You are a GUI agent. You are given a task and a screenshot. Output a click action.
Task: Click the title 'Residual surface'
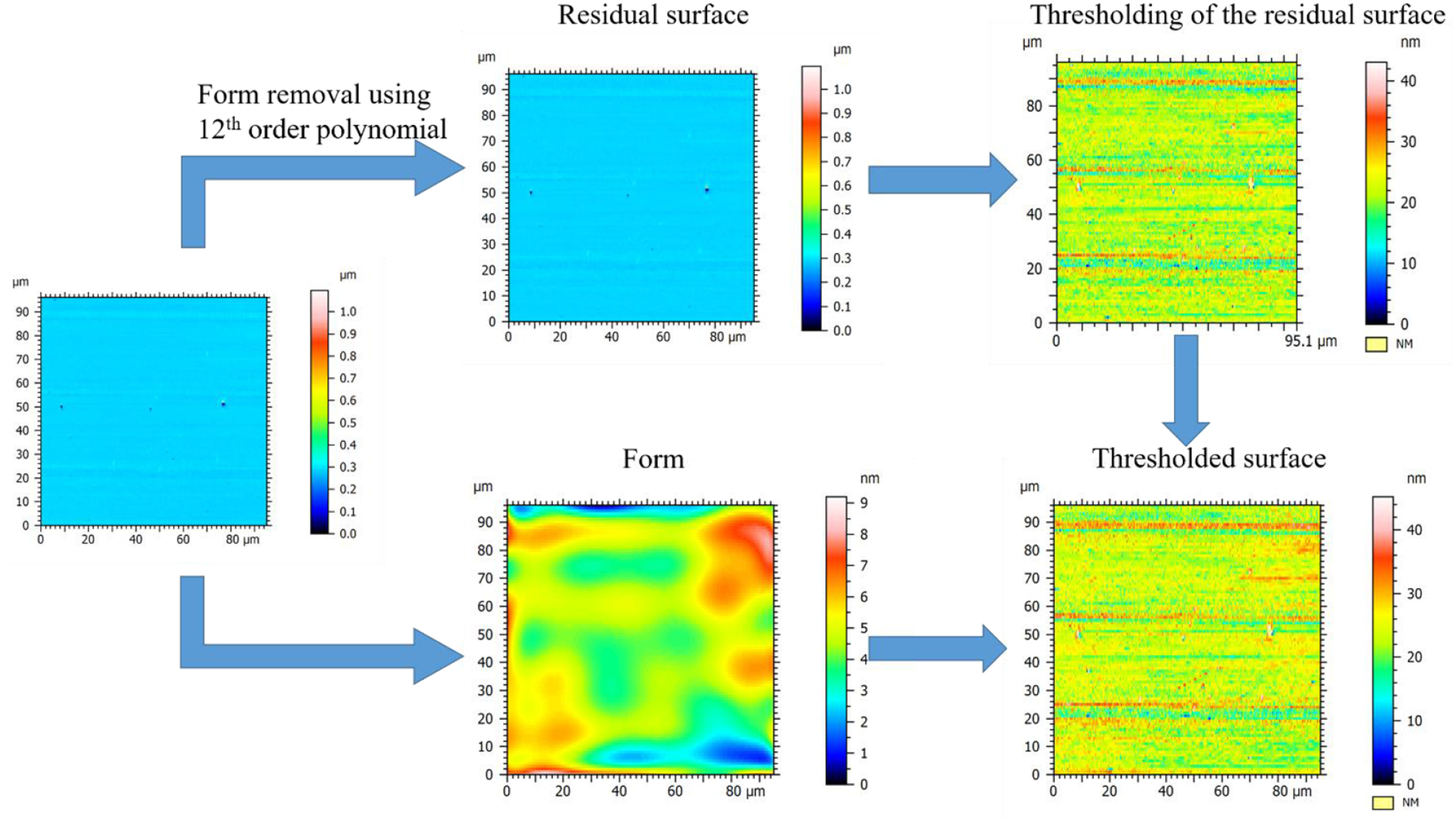tap(653, 15)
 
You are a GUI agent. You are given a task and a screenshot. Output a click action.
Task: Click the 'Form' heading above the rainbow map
tap(653, 459)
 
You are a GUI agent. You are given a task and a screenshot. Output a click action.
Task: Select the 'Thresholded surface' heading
tap(1208, 458)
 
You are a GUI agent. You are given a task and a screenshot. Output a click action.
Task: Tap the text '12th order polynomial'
tap(322, 129)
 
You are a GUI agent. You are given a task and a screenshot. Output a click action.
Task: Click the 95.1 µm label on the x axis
tap(1310, 341)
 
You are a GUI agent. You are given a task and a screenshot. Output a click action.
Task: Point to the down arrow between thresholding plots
tap(1186, 390)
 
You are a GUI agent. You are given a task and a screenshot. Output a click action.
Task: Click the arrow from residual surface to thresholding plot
tap(941, 179)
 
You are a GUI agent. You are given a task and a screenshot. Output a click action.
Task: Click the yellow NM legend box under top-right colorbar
tap(1376, 344)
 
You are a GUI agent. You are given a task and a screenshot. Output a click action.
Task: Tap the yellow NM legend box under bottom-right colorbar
tap(1383, 803)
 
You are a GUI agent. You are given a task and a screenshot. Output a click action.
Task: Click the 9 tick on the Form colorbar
tap(864, 503)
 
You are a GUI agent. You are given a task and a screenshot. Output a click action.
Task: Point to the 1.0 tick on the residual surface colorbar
tap(842, 89)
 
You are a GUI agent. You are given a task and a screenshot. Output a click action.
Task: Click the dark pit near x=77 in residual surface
tap(707, 190)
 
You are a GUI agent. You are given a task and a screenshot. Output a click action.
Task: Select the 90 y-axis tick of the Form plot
tap(485, 522)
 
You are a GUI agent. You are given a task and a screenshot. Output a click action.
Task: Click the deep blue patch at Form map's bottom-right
tap(739, 751)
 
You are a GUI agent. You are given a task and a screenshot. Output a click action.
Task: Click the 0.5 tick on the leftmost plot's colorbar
tap(348, 423)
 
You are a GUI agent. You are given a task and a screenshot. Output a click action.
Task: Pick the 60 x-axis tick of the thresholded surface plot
tap(1221, 791)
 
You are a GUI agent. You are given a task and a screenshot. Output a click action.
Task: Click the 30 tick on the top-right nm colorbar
tap(1408, 141)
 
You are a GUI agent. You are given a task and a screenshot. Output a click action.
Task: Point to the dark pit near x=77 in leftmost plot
tap(223, 404)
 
